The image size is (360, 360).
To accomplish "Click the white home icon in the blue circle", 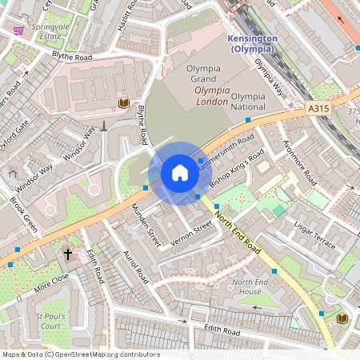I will tap(180, 173).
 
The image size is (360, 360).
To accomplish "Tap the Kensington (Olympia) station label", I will tap(251, 43).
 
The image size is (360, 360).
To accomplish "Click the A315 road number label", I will tap(318, 106).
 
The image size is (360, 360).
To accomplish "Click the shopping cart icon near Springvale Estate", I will tap(18, 30).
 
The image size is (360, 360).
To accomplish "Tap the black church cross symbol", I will tap(67, 254).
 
